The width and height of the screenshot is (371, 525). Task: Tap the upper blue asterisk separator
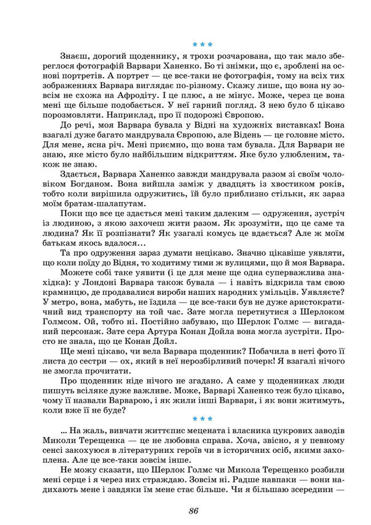click(202, 45)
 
